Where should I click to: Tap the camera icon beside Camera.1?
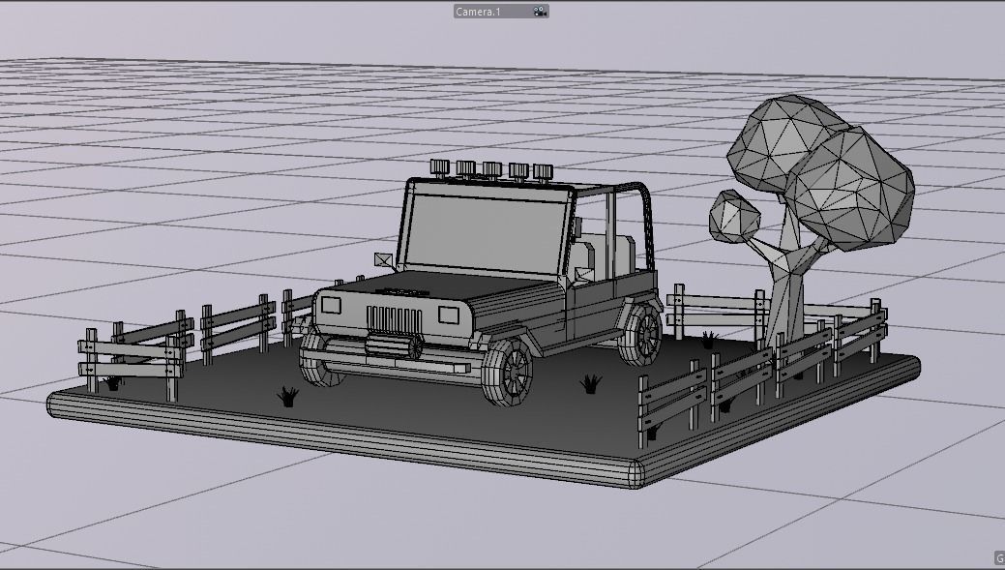point(540,12)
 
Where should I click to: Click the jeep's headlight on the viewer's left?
point(331,306)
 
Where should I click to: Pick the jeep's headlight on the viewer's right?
point(448,315)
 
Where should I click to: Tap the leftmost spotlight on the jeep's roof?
point(441,166)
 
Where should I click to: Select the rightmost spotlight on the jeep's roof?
point(543,171)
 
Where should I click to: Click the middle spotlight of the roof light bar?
point(492,169)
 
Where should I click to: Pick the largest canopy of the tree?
point(849,191)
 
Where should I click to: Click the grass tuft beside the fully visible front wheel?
point(591,384)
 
